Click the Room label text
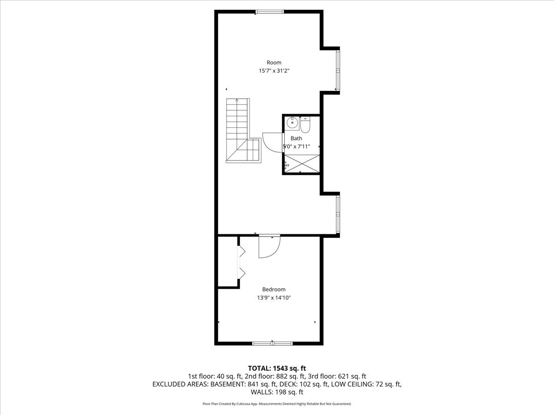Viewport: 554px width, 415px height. coord(274,63)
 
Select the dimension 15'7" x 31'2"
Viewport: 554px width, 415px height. coord(274,71)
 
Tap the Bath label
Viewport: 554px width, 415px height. coord(296,138)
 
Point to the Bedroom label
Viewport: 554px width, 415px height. coord(274,290)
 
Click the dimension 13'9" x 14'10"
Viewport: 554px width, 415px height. coord(274,298)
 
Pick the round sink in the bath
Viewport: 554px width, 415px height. coord(293,123)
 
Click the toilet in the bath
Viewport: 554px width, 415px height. coord(305,125)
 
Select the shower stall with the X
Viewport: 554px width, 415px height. coord(302,164)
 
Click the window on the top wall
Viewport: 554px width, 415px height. coord(270,12)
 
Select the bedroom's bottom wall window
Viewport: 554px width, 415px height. coord(272,344)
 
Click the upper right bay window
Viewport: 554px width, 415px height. coord(338,71)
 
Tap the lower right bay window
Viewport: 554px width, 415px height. coord(338,214)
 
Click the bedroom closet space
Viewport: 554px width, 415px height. coord(228,261)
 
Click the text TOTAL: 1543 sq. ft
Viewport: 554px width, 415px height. coord(277,368)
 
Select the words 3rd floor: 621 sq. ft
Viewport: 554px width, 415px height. coord(337,376)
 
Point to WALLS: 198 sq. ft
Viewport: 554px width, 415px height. coord(277,392)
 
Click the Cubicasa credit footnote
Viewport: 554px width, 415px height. coord(277,404)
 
